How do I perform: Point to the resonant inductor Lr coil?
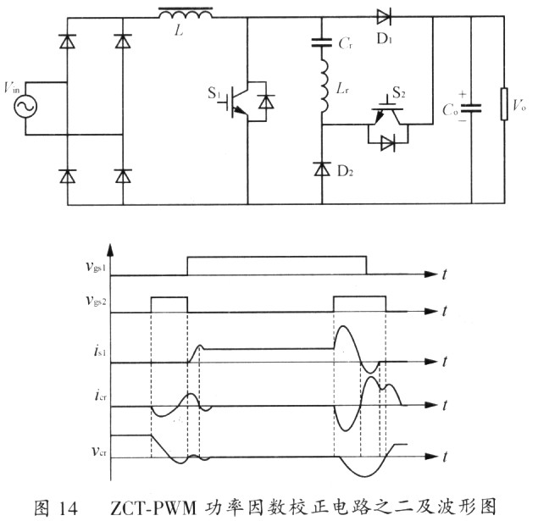[323, 85]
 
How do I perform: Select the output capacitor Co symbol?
[473, 108]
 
